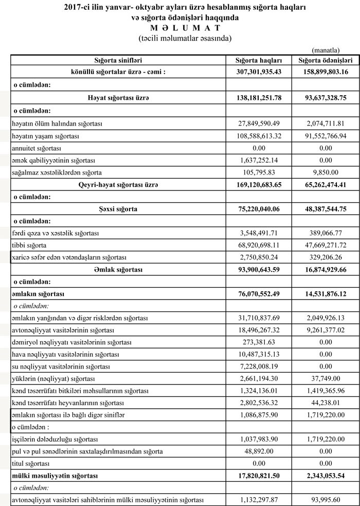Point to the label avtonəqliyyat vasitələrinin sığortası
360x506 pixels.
click(63, 330)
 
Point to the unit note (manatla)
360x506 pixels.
click(326, 50)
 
